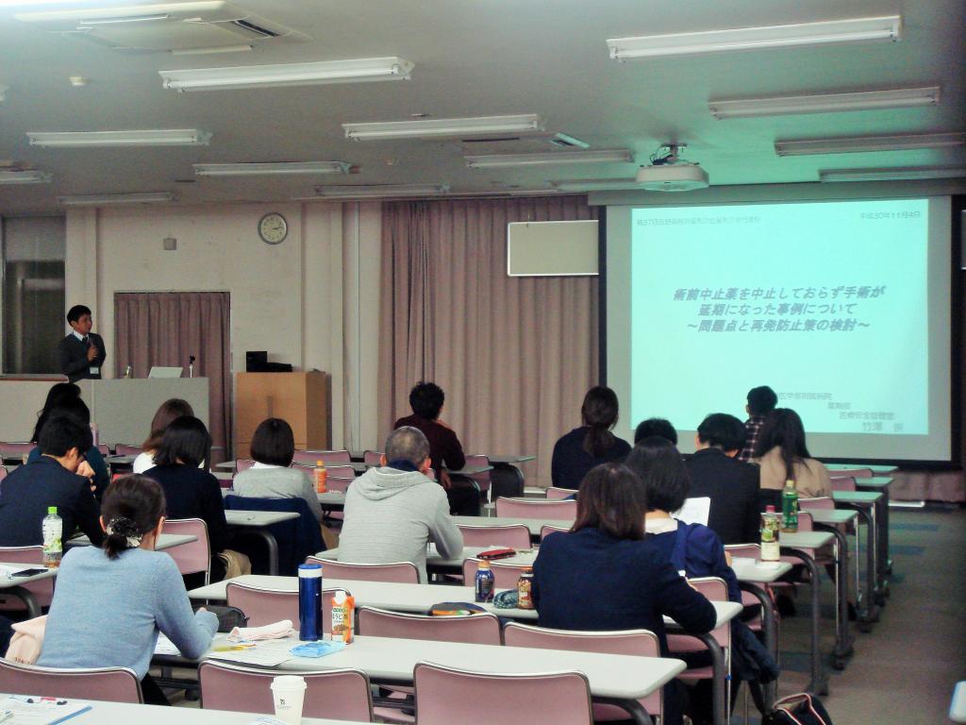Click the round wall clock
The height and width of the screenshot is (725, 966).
point(273,228)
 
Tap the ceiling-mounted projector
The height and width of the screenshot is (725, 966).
point(672,172)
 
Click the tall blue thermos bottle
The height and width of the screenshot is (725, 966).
point(310,601)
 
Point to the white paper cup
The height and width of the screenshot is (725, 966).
point(289,699)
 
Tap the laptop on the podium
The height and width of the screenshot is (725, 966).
point(165,372)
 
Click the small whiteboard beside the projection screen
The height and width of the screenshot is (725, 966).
point(552,247)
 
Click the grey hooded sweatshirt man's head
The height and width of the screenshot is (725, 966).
point(408,447)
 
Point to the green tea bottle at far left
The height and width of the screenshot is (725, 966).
point(53,535)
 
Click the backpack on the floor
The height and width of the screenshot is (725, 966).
point(798,709)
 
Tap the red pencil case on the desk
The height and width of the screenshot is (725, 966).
point(495,554)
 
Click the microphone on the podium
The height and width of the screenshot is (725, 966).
point(192,364)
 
